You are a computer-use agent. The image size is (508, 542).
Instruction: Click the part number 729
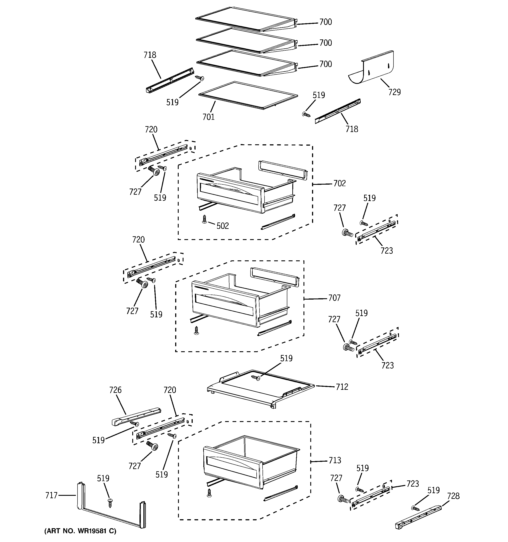point(394,92)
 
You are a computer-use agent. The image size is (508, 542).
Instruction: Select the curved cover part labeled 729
point(372,68)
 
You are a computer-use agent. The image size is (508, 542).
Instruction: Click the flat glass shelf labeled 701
point(248,95)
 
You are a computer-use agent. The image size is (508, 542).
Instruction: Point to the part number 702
point(339,184)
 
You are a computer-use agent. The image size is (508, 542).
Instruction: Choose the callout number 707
point(334,298)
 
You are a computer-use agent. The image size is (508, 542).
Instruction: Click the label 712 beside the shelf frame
point(342,387)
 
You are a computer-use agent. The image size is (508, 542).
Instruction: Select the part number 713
point(335,461)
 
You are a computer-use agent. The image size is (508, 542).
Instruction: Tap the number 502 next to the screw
point(222,226)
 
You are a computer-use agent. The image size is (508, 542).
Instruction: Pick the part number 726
point(115,390)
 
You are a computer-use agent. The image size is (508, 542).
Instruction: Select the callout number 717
point(51,495)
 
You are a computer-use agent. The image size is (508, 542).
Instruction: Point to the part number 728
point(453,496)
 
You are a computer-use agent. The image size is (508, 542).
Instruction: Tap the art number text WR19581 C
point(80,531)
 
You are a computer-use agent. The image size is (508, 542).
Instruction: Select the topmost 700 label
point(326,22)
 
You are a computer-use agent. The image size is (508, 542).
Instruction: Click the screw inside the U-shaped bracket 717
point(110,502)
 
